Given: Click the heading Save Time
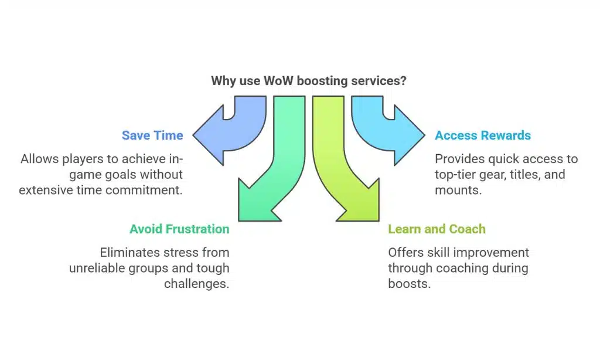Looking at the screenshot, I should (x=152, y=135).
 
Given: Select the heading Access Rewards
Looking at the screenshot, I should (x=482, y=135).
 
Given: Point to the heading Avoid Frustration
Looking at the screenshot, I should (x=179, y=229).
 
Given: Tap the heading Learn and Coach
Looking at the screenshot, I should (x=437, y=229).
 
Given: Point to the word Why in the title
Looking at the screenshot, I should (x=223, y=81).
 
